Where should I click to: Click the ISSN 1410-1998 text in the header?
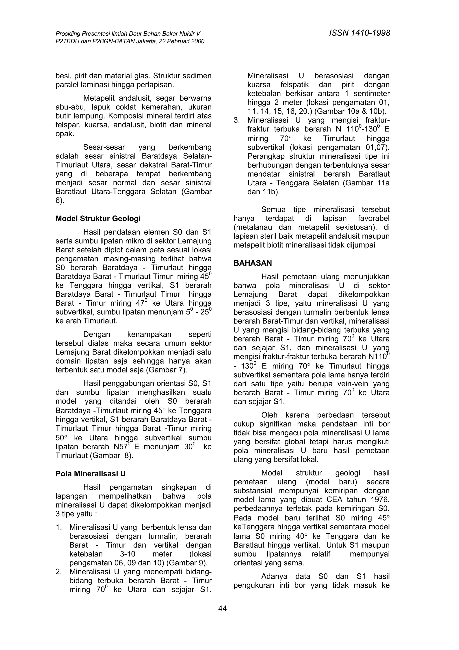pyautogui.click(x=359, y=33)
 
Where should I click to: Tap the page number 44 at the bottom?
pyautogui.click(x=223, y=608)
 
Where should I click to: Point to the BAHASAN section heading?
pyautogui.click(x=253, y=263)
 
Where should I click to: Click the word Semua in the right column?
pyautogui.click(x=273, y=210)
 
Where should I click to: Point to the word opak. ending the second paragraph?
pyautogui.click(x=65, y=134)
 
